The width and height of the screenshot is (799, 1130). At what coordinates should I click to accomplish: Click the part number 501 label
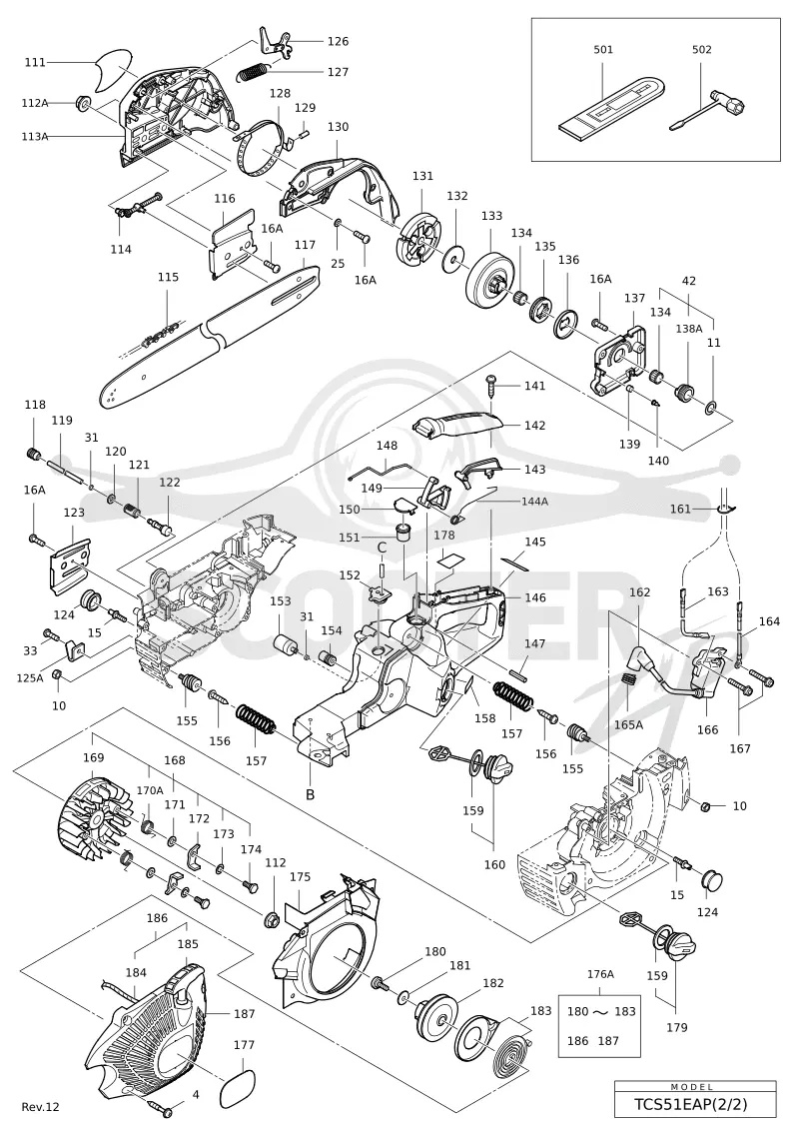coord(603,50)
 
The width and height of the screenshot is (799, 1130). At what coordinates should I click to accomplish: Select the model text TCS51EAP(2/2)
coord(695,1104)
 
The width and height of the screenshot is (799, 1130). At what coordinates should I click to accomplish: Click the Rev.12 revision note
coord(40,1106)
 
